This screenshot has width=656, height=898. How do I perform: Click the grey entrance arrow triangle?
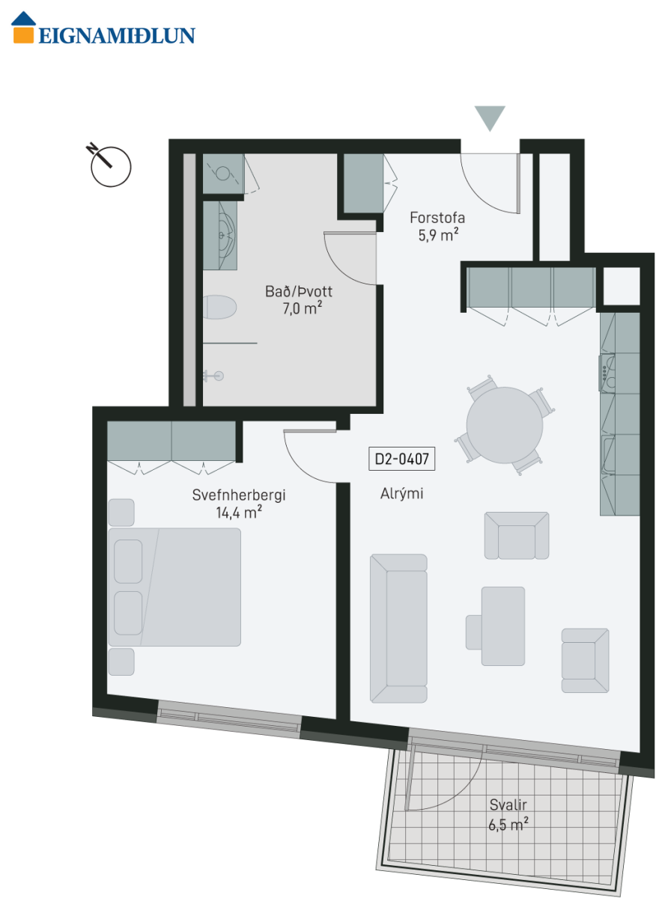(x=490, y=119)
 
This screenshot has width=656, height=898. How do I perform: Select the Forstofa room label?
(x=437, y=218)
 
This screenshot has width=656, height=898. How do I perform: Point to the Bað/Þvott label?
(x=299, y=291)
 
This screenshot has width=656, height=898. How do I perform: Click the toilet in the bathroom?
(x=219, y=307)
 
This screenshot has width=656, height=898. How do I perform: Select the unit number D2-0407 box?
(x=401, y=459)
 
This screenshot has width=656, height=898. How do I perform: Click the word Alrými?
(x=401, y=494)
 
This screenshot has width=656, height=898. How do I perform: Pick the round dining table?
(x=504, y=425)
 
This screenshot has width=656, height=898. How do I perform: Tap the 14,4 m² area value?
(x=239, y=513)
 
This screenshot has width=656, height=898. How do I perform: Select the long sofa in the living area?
(x=398, y=629)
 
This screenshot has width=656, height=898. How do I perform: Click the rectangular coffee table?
(x=503, y=626)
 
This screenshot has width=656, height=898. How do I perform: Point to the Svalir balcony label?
(x=508, y=804)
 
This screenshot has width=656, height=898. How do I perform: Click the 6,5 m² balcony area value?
(x=508, y=824)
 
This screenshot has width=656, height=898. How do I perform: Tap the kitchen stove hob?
(x=607, y=373)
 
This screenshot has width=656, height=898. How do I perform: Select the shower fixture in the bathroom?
(x=213, y=376)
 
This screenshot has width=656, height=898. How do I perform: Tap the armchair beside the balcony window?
(x=585, y=660)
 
